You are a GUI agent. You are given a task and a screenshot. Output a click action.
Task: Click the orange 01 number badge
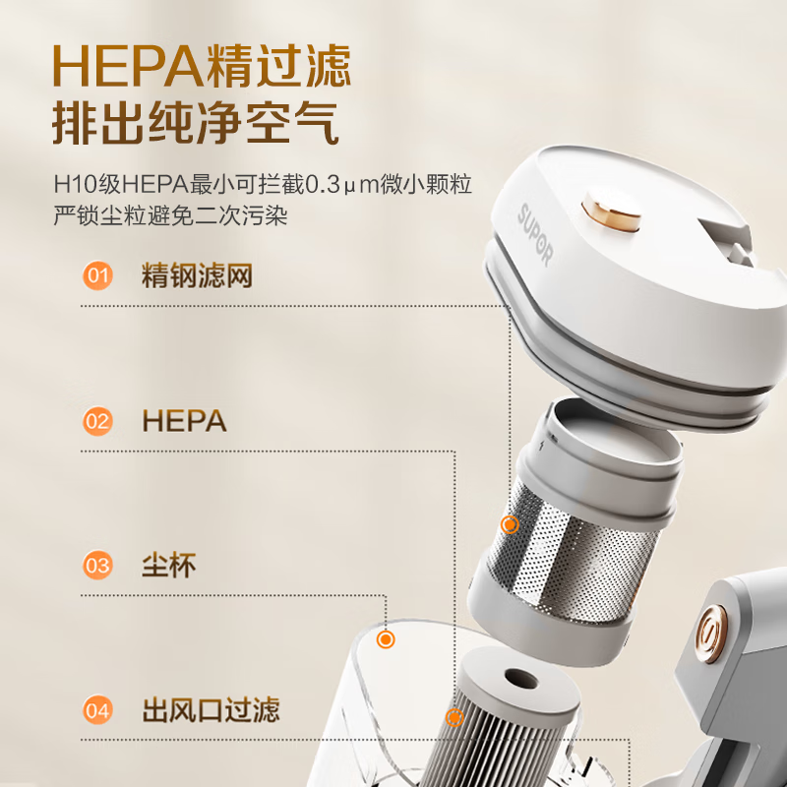[97, 275]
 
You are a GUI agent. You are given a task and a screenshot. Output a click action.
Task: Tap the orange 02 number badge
[97, 422]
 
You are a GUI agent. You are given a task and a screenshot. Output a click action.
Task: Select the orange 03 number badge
[97, 566]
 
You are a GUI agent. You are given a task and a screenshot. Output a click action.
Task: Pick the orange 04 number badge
[97, 709]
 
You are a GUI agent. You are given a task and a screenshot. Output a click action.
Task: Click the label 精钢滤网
[197, 275]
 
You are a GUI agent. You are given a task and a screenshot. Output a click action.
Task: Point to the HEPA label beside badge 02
[184, 422]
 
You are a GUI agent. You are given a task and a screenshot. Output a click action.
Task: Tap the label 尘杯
[168, 566]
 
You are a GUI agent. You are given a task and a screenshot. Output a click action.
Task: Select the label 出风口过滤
[211, 709]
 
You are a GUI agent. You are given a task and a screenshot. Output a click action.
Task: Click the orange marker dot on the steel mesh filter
[510, 524]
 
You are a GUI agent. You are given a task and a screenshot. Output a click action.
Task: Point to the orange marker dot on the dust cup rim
[387, 639]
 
